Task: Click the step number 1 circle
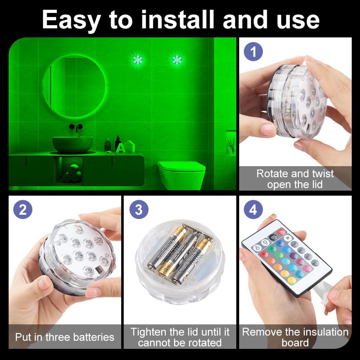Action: [254, 52]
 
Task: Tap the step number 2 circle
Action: [23, 209]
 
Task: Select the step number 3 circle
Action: [138, 209]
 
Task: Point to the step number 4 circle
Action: [253, 209]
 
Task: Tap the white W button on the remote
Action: [287, 238]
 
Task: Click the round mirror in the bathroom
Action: [74, 86]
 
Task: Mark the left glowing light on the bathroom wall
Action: [138, 60]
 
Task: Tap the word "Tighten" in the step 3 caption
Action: [148, 331]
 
